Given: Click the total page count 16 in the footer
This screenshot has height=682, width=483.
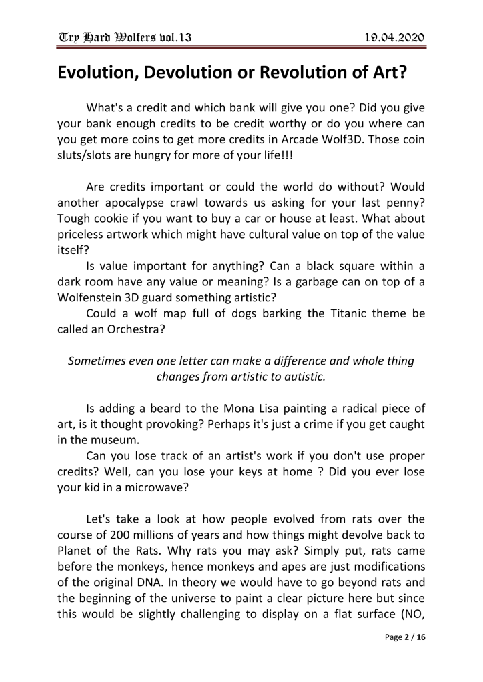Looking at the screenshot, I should [421, 656].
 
